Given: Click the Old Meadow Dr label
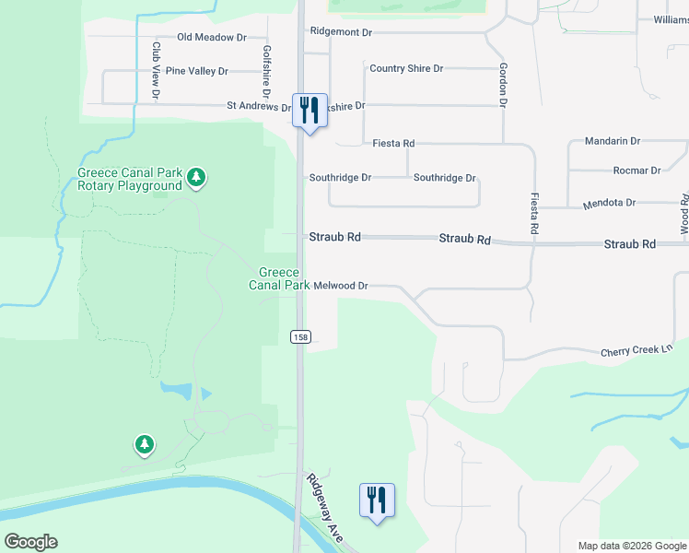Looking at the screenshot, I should pos(212,38).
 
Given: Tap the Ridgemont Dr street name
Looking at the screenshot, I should pos(341,31).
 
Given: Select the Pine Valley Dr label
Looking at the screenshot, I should pos(195,70).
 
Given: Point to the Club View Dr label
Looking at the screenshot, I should pos(157,71).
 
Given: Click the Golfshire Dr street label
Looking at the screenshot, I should pos(266,72).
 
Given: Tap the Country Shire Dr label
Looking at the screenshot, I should pos(406,68).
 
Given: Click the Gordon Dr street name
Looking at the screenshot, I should pos(503,85).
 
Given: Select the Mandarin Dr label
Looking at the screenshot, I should pos(613,141).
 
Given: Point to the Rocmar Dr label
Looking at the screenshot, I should pos(637,171).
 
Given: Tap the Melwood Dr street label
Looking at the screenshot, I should pos(340,287).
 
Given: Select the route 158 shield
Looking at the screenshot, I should pos(299,337).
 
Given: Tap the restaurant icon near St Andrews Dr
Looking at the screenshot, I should pos(309,111).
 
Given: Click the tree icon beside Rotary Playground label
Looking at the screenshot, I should pos(195,176).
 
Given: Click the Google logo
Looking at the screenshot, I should pos(30,542).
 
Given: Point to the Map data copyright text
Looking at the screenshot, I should pos(631,546).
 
